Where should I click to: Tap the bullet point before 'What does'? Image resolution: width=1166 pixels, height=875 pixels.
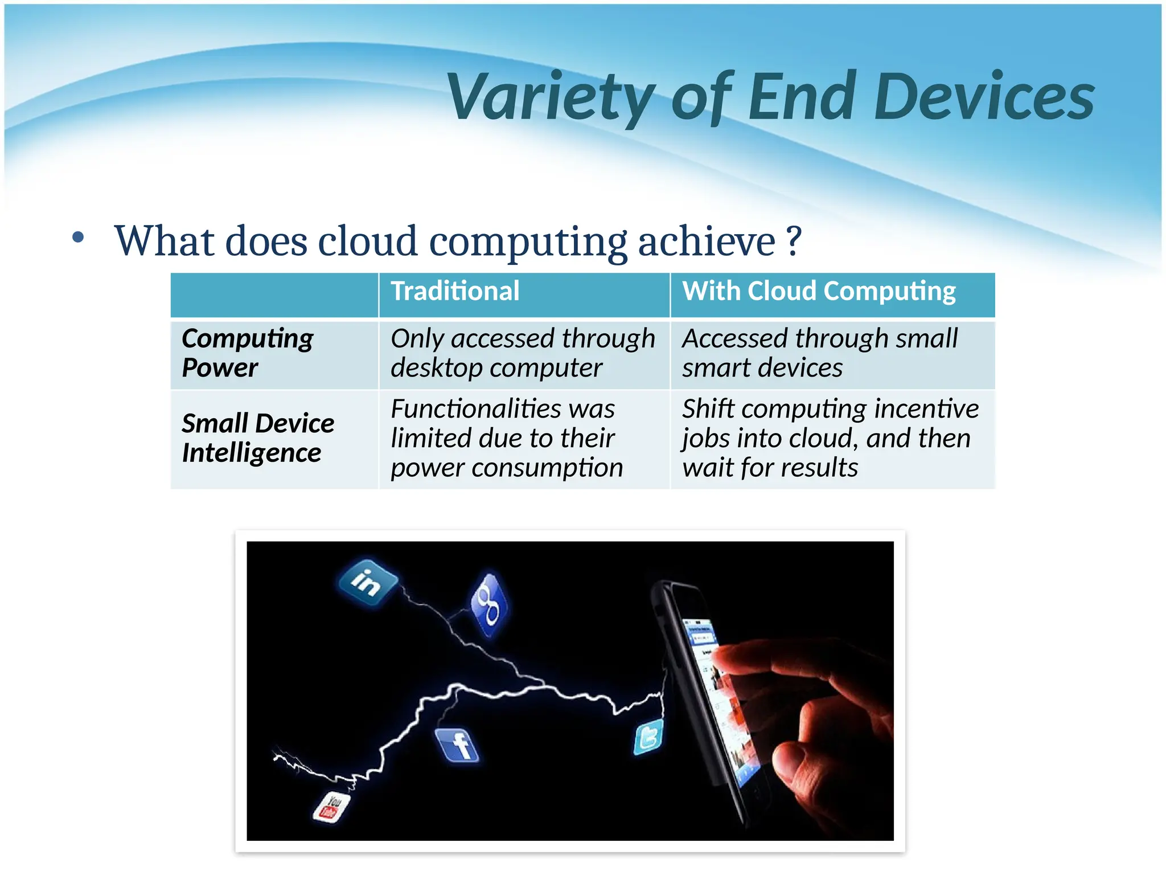click(78, 238)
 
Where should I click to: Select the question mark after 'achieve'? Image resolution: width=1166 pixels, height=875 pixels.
click(794, 242)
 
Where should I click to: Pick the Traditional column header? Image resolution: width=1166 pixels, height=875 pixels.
click(455, 291)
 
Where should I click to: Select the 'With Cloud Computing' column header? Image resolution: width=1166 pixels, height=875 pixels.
click(819, 291)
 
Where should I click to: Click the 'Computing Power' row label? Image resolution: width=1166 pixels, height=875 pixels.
click(247, 353)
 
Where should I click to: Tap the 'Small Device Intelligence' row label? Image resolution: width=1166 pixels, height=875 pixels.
click(257, 437)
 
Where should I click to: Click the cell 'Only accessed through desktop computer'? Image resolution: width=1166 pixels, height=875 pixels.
click(522, 353)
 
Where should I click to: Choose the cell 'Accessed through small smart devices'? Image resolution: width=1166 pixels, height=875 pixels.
click(820, 353)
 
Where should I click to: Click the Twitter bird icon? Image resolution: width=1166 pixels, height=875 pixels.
click(648, 737)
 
